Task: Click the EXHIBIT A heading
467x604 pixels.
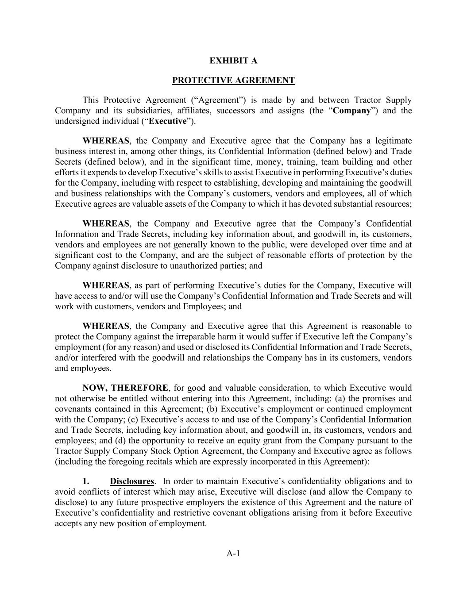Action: point(233,61)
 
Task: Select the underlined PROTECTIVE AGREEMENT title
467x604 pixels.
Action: point(233,81)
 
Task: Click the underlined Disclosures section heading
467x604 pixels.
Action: point(132,481)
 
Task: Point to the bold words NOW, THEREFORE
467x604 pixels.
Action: point(125,388)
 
